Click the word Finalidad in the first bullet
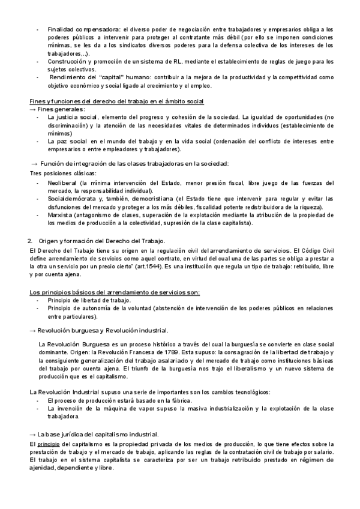60,29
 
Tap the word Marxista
61,215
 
